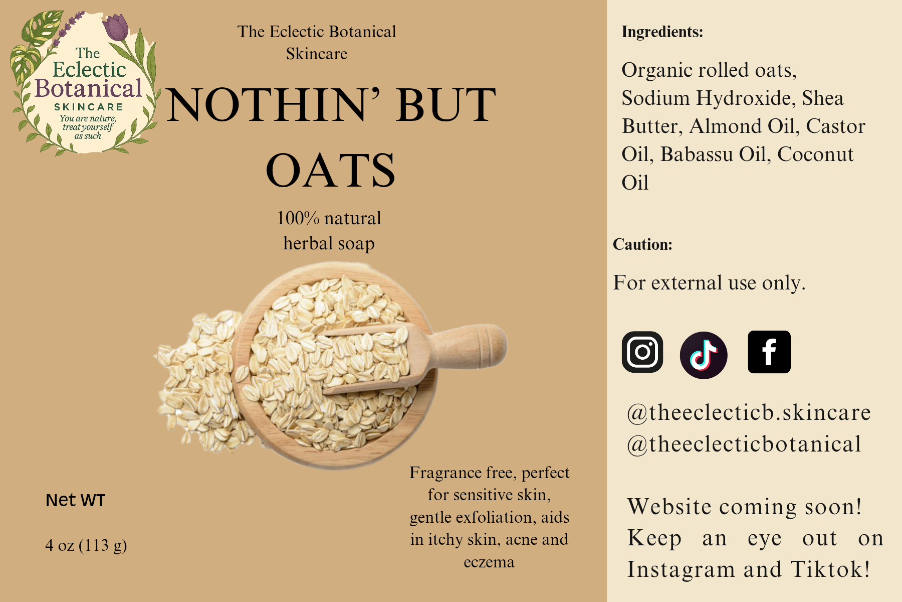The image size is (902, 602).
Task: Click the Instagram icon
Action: pos(642,352)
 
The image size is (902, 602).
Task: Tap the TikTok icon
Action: pos(704,355)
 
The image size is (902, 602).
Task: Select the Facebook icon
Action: pos(769,352)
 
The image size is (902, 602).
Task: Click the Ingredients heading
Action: pos(662,32)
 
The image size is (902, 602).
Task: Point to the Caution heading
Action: pos(642,244)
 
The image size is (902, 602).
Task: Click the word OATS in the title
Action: pos(331,171)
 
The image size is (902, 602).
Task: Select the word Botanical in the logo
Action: pos(89,88)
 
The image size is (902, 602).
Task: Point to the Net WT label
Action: pos(75,500)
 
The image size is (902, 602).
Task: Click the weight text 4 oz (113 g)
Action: pos(86,545)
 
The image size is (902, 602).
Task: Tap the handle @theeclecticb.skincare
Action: pos(749,412)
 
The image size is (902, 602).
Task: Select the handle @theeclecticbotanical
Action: pos(744,444)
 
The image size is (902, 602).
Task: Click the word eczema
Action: pos(489,562)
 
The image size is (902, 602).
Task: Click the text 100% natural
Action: pos(329,218)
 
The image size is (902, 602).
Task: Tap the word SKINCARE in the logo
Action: pos(89,107)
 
